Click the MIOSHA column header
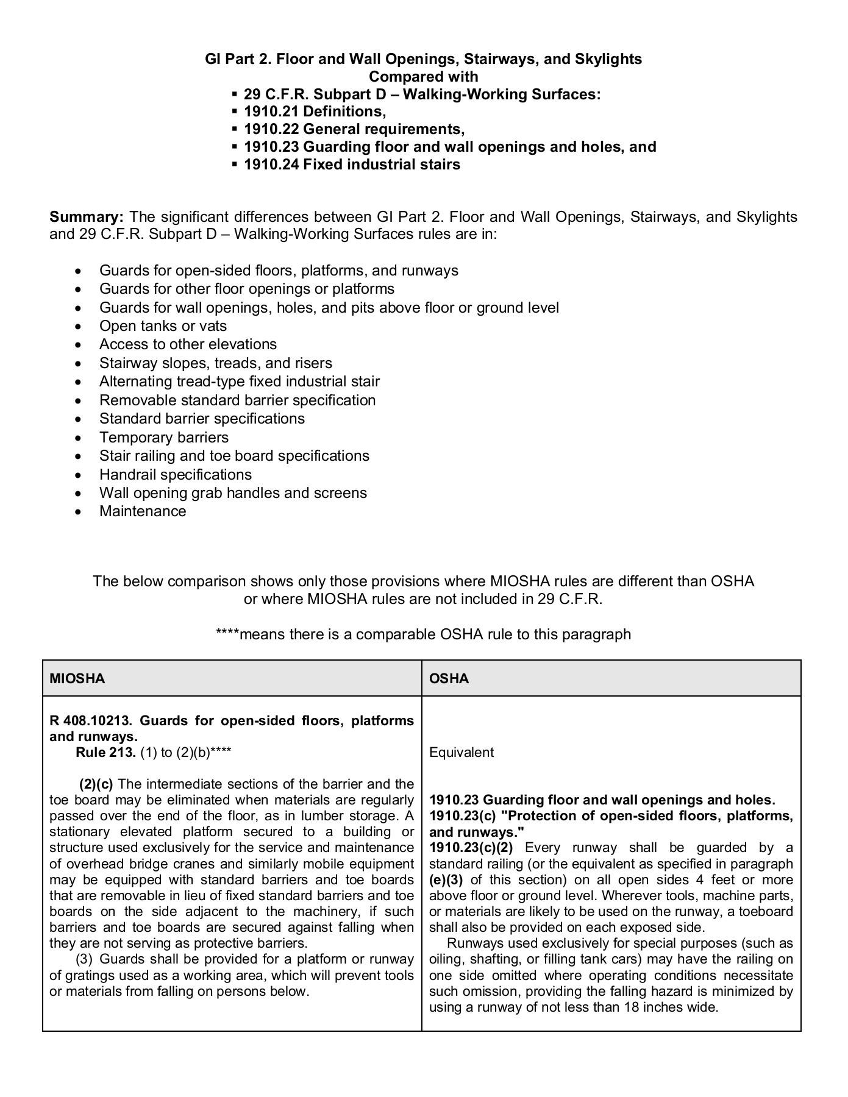77,678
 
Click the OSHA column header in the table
449,678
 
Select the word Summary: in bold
87,217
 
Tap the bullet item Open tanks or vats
163,326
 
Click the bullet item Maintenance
143,511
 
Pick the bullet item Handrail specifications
175,474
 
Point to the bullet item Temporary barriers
163,438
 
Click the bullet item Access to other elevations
188,344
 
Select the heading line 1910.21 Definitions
315,112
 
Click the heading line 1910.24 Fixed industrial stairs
352,165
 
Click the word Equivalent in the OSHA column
461,752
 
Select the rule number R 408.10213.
90,720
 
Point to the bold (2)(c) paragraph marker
96,784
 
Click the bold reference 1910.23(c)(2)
471,848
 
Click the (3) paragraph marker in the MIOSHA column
84,959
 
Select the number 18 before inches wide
631,1007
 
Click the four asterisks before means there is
227,634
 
